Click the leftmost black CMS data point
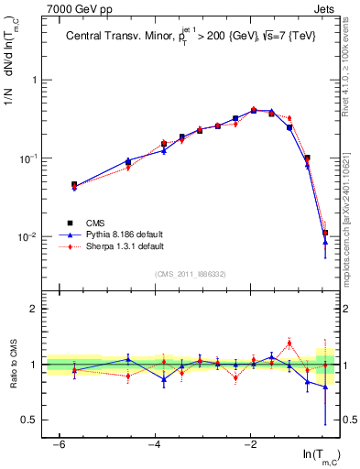(74, 184)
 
